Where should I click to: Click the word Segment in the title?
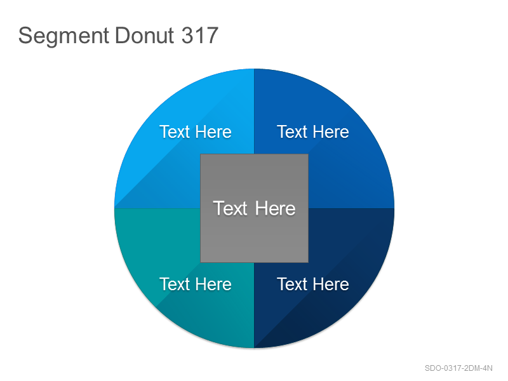click(x=63, y=36)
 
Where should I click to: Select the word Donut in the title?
click(x=145, y=35)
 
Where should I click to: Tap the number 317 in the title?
click(x=199, y=35)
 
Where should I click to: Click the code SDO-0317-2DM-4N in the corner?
click(x=458, y=368)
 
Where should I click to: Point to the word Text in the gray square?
click(x=230, y=208)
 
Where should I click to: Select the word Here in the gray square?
click(x=275, y=208)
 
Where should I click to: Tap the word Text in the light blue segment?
click(x=175, y=132)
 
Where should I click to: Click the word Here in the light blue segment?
click(x=213, y=132)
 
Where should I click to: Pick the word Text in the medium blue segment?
click(x=292, y=132)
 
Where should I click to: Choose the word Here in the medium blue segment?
click(x=331, y=132)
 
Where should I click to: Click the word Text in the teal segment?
click(x=175, y=284)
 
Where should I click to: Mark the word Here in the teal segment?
click(x=213, y=284)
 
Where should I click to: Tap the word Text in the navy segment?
click(x=292, y=284)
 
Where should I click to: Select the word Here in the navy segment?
click(x=331, y=284)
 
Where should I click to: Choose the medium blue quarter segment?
click(x=344, y=168)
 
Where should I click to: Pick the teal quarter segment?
click(x=168, y=246)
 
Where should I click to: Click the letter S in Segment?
click(x=25, y=36)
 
